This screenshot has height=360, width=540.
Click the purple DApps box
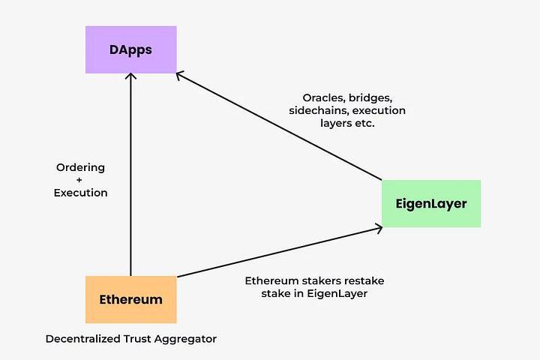click(131, 49)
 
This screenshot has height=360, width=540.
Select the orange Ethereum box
click(131, 299)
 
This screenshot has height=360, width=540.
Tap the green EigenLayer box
click(431, 203)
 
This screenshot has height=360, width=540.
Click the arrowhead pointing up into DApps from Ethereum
click(131, 77)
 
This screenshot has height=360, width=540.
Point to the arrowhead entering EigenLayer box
click(379, 227)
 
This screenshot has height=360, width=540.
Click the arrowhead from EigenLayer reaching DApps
click(180, 75)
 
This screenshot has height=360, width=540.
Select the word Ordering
click(80, 167)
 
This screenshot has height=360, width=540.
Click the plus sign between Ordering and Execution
click(80, 180)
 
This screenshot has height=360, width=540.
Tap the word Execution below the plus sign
click(80, 193)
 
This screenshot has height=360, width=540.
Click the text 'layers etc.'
click(347, 124)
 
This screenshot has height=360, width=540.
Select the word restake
click(363, 280)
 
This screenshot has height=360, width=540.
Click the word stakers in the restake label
click(321, 280)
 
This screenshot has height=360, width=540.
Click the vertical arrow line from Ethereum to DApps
click(131, 180)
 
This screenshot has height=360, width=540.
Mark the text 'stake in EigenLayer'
click(314, 293)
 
